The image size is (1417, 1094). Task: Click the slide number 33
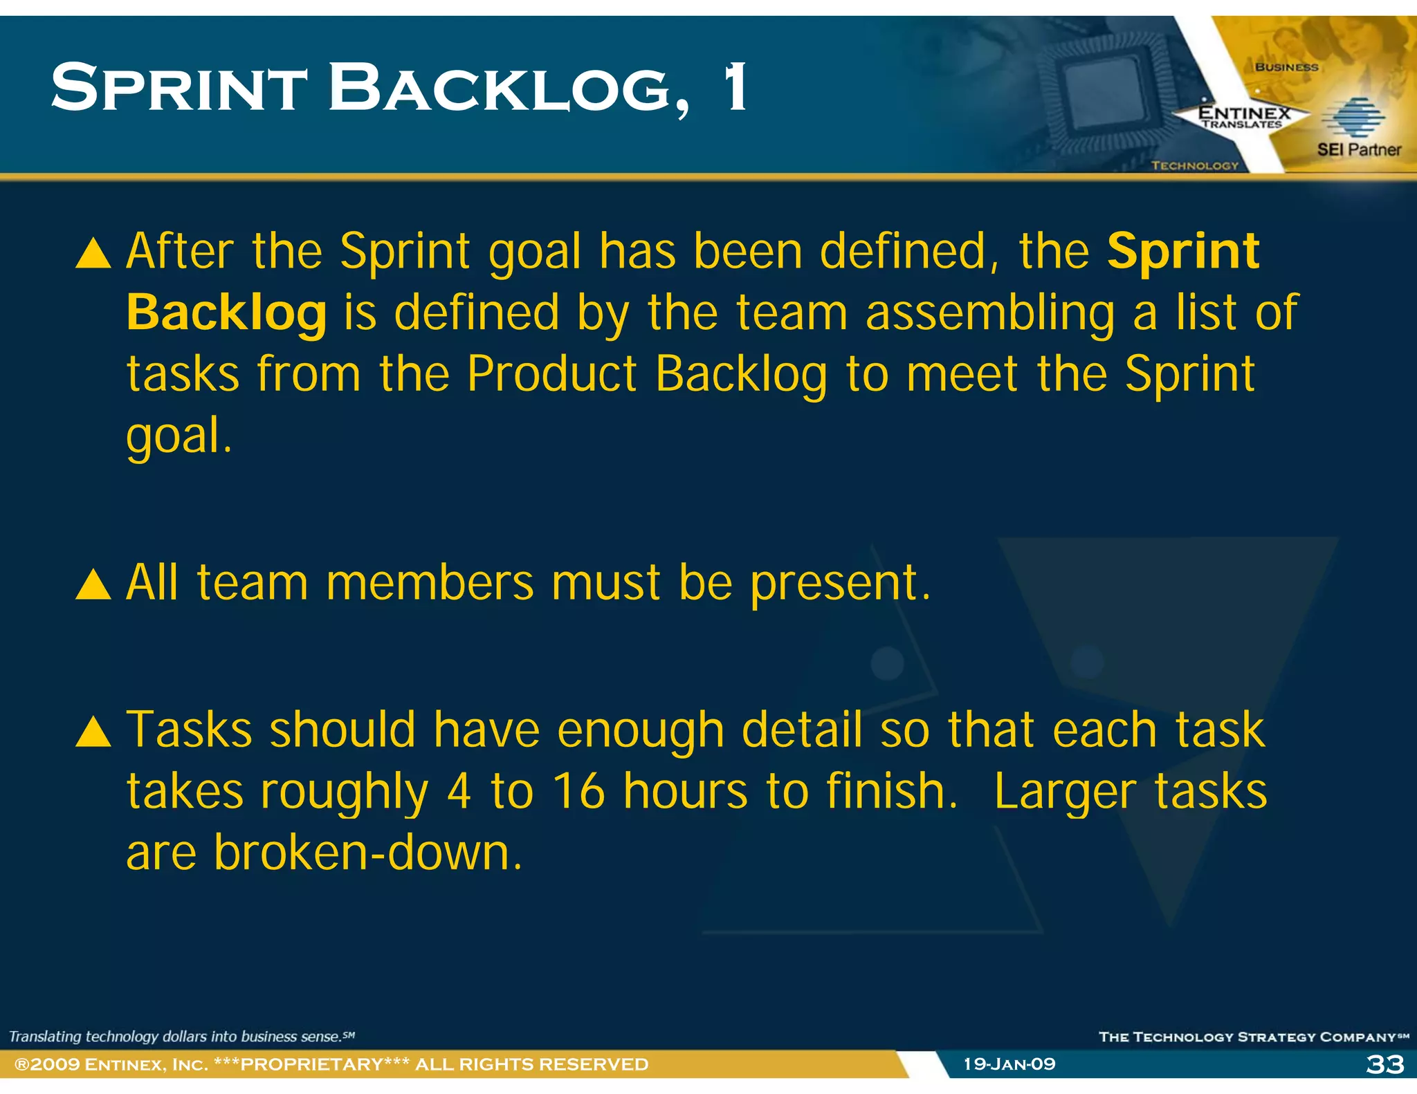click(1384, 1064)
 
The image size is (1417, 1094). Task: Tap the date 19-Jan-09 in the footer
click(1009, 1064)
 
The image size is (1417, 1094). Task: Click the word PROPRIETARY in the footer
click(311, 1064)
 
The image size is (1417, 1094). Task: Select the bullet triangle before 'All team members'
click(93, 585)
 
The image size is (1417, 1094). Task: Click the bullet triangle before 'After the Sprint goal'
click(93, 253)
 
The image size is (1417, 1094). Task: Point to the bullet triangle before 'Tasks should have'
click(93, 732)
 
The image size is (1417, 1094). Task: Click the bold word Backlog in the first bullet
click(226, 314)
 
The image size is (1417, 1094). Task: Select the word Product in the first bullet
click(551, 374)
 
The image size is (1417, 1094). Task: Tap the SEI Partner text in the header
click(1358, 149)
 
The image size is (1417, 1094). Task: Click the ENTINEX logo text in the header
click(1244, 113)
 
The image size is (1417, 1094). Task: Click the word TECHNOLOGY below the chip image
click(1194, 165)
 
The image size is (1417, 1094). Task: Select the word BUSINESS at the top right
click(1286, 67)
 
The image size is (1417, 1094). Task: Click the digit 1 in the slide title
click(735, 87)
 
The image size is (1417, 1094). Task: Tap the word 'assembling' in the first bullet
click(989, 314)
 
